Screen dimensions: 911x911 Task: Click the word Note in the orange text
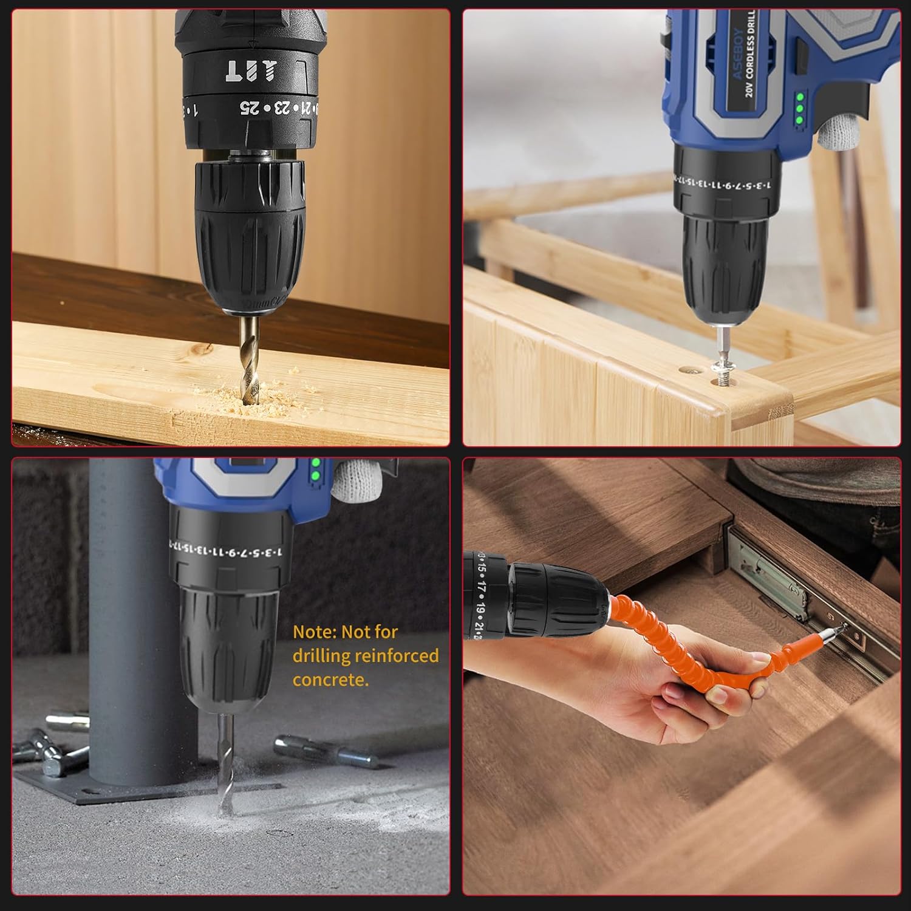tap(315, 632)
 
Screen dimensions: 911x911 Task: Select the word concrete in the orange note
tap(330, 680)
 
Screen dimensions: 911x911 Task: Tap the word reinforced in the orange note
tap(396, 656)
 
